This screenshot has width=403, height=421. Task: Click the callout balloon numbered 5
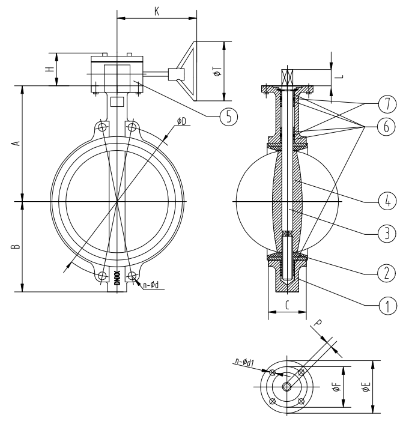229,117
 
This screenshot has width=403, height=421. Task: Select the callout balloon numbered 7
387,104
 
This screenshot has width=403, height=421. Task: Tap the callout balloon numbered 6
386,127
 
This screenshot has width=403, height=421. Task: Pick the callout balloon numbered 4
387,201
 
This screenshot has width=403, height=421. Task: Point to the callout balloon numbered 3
387,234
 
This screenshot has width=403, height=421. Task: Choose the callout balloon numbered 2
386,273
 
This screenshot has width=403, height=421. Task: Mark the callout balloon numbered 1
387,306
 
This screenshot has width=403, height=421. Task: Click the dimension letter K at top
157,11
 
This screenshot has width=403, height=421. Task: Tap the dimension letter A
17,143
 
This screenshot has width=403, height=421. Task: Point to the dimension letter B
16,246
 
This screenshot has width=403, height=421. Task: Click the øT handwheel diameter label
218,71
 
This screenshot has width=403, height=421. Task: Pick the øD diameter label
181,121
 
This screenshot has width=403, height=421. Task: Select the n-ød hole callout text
151,285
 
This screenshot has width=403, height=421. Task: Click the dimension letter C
287,305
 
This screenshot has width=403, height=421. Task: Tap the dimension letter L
340,76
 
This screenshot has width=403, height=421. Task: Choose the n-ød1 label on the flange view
244,362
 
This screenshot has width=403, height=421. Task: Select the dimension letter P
318,323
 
